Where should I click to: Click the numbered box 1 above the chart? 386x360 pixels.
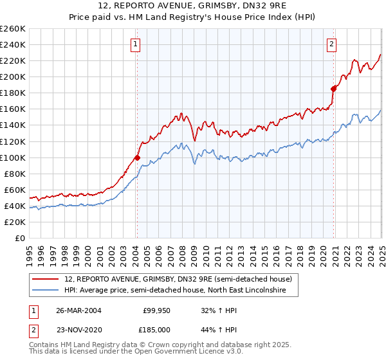136,44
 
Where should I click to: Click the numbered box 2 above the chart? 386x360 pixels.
331,44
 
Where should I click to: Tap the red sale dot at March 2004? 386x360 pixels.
137,157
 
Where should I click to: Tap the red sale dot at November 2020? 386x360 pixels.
333,89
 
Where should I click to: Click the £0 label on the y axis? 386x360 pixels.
19,238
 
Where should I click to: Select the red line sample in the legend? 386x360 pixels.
46,279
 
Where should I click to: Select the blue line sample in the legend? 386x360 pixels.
46,291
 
